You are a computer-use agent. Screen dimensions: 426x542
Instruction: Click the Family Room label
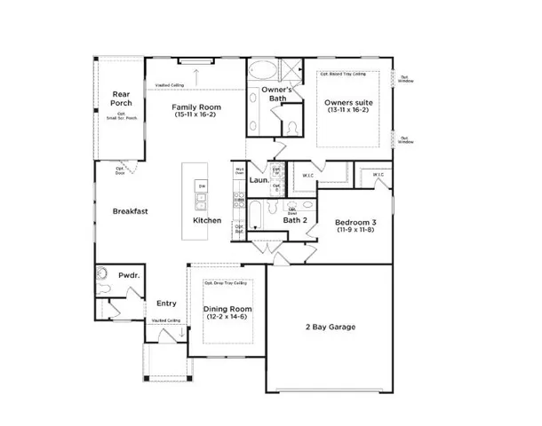196,107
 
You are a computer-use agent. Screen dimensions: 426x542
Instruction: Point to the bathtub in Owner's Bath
264,71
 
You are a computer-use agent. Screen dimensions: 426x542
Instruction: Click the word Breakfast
130,211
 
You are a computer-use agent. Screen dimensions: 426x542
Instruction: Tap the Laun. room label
259,179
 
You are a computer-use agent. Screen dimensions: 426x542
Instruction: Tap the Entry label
166,303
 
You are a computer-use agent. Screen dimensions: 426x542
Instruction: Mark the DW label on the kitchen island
202,185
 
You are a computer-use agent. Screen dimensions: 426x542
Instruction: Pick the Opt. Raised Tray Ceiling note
347,74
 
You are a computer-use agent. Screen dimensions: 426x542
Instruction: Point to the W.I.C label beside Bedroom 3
379,175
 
